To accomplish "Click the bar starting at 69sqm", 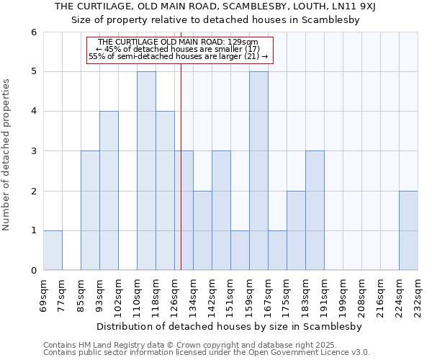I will click(53, 251).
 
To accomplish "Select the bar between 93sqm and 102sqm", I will click(109, 191).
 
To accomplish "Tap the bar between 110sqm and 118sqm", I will click(146, 171).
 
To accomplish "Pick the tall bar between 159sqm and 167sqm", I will click(258, 171).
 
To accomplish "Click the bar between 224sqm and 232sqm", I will click(408, 230).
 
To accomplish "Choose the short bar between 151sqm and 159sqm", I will click(240, 251).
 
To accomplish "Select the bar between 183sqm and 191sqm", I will click(315, 210).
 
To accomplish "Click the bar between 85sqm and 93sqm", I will click(90, 210).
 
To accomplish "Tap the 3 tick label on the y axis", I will click(33, 151).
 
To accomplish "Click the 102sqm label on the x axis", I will click(118, 293).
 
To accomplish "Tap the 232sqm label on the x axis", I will click(418, 293).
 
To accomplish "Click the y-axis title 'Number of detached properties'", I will click(6, 155).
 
